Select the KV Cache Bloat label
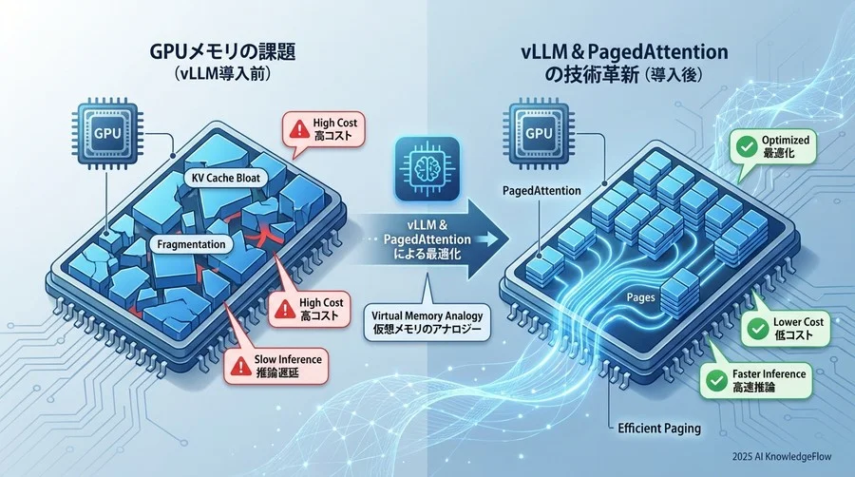[226, 179]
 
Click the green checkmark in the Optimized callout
[741, 146]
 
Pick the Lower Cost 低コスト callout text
[798, 329]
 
